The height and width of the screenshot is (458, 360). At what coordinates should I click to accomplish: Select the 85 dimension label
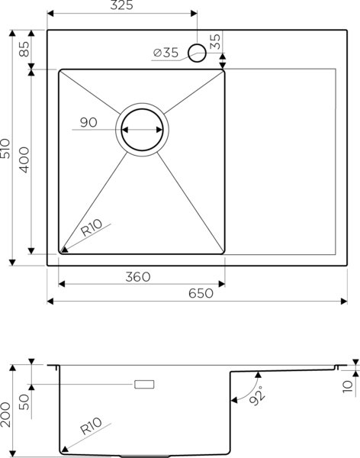coord(24,50)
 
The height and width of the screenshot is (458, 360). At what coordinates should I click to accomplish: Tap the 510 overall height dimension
coord(7,148)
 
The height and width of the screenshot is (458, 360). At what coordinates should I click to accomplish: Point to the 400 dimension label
coord(24,161)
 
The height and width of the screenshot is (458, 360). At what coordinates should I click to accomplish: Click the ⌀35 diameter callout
coord(166,53)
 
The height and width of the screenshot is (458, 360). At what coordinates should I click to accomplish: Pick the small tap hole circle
coord(197,53)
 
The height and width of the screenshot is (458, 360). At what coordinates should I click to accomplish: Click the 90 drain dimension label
coord(88,122)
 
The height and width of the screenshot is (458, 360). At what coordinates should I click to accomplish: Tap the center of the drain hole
coord(141,129)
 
